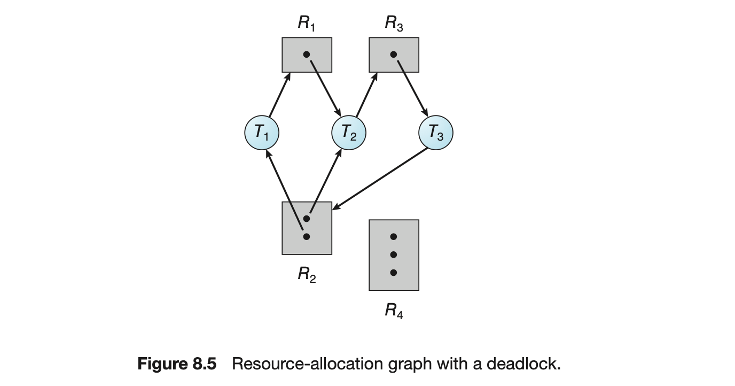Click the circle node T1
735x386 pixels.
click(x=261, y=133)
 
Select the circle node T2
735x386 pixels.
click(x=349, y=133)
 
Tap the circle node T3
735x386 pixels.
click(x=436, y=133)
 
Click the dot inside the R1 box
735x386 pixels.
click(x=306, y=54)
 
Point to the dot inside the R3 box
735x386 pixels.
click(x=394, y=54)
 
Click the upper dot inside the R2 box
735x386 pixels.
click(x=306, y=219)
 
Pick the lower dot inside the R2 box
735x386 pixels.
click(x=306, y=236)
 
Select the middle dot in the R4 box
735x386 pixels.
click(x=394, y=254)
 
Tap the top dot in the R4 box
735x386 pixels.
click(x=394, y=237)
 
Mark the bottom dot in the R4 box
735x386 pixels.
click(x=394, y=273)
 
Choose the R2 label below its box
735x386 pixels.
click(x=307, y=275)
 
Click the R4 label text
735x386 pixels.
click(x=394, y=311)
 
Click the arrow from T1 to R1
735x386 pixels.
click(x=279, y=95)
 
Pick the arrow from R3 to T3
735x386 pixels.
click(x=411, y=87)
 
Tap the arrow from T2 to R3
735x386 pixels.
click(x=367, y=95)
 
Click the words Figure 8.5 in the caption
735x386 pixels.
click(x=177, y=365)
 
